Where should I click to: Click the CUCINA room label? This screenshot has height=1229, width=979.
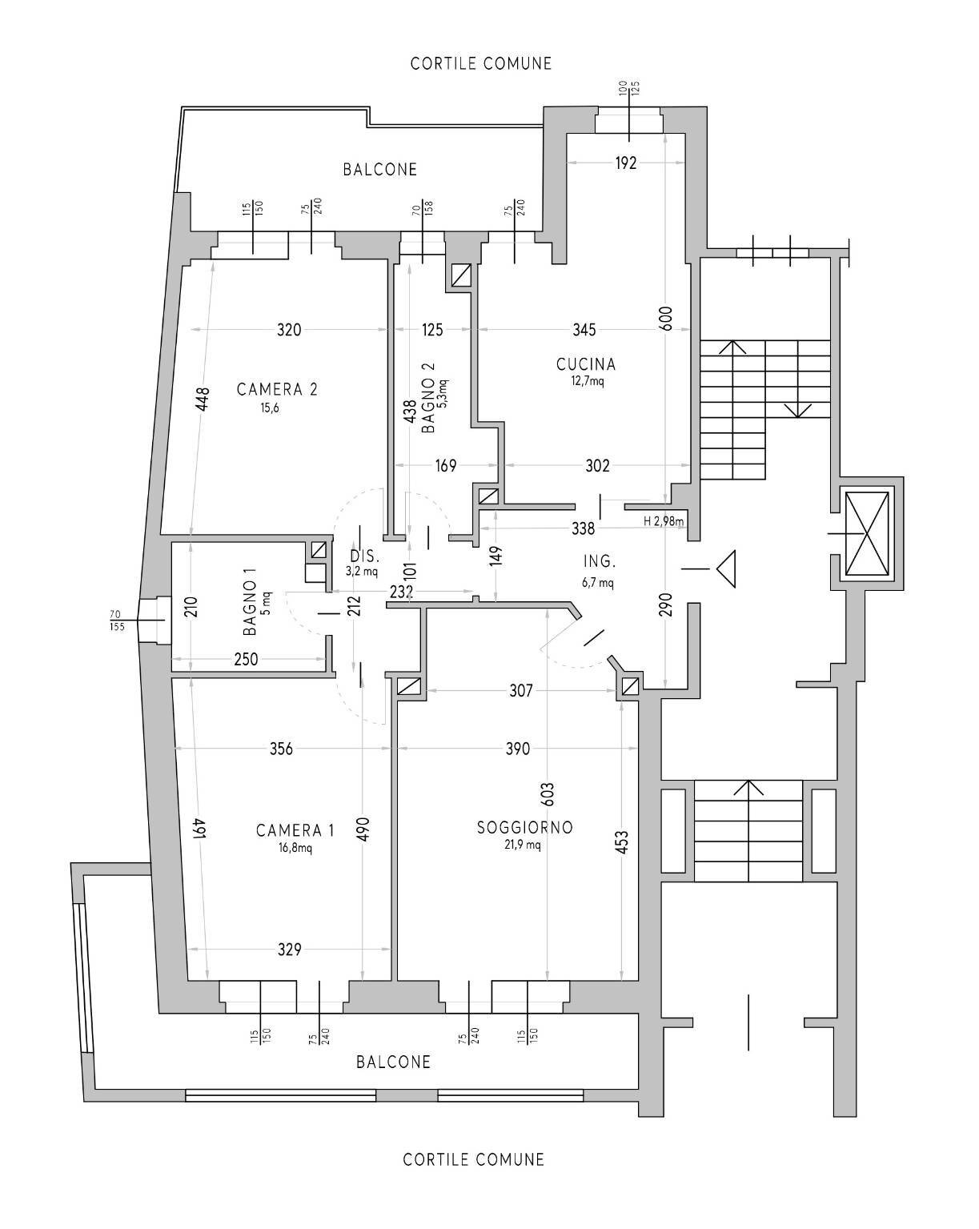tap(586, 364)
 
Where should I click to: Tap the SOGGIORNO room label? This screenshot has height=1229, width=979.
tap(524, 827)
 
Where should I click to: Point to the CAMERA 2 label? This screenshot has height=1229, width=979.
tap(277, 390)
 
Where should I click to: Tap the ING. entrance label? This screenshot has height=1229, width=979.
tap(599, 562)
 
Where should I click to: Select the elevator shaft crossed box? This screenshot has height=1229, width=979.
tap(867, 534)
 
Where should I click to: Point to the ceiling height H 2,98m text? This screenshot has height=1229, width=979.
tap(664, 521)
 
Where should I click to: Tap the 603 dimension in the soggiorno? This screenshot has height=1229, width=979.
tap(548, 793)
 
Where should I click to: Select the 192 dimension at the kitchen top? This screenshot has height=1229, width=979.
tap(626, 163)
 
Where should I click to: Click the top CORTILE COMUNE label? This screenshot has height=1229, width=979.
tap(481, 63)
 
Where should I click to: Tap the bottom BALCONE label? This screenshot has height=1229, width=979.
tap(393, 1062)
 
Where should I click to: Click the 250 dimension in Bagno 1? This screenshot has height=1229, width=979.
tap(246, 659)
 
